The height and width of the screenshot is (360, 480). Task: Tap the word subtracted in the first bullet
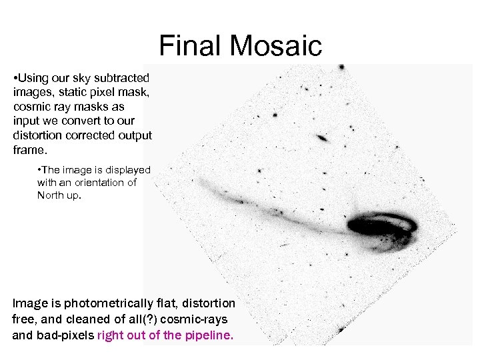tap(122, 79)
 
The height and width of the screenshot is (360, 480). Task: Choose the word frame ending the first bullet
tap(29, 149)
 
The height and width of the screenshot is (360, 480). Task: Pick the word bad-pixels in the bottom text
tap(65, 335)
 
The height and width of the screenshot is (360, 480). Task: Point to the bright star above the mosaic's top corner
tap(341, 68)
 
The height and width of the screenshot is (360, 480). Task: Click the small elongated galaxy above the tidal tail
tap(322, 139)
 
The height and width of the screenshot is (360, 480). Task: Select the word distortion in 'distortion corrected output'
tap(37, 135)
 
